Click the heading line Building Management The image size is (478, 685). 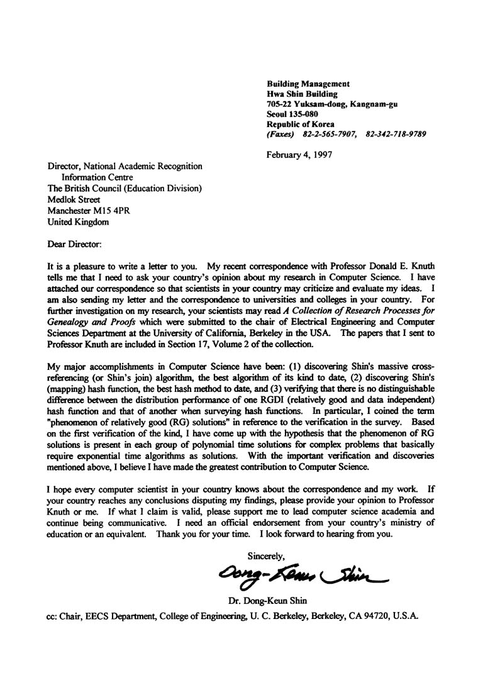click(x=308, y=84)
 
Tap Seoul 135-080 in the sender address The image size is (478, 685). click(x=292, y=114)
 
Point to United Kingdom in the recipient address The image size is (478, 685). click(x=78, y=222)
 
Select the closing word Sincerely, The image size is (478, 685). click(x=267, y=555)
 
